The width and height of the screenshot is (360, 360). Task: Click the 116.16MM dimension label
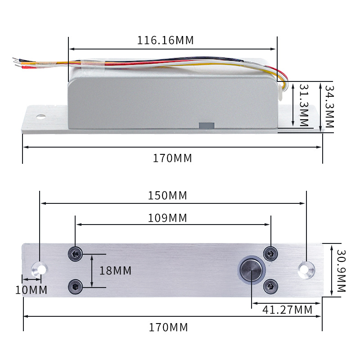tap(165, 40)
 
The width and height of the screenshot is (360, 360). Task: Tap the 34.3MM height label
tap(330, 107)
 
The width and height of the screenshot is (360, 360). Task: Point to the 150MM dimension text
tap(167, 196)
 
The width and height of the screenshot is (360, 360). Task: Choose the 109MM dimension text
tap(167, 218)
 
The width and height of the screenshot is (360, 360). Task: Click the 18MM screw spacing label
tap(115, 270)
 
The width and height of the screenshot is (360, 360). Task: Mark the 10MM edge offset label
tap(31, 290)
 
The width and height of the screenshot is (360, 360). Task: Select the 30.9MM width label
tap(341, 270)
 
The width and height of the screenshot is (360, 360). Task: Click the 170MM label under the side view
tap(172, 158)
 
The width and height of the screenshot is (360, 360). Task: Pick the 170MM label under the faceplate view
tap(168, 327)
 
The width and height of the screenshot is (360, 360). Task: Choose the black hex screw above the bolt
tap(270, 254)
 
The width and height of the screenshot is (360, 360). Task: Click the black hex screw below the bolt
tap(270, 285)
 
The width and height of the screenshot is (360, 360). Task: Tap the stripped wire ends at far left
tap(17, 63)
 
